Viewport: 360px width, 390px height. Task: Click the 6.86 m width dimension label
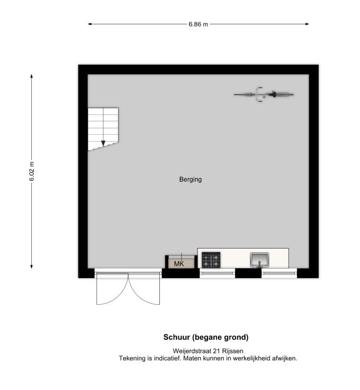(x=198, y=24)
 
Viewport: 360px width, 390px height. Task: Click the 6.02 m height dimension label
(x=32, y=171)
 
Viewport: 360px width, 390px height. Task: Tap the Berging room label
(x=190, y=179)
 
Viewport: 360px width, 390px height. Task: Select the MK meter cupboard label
(x=179, y=264)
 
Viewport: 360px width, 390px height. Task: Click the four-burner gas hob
(x=211, y=260)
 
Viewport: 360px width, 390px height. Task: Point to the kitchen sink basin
(x=259, y=260)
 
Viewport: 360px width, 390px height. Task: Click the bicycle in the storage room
(x=264, y=94)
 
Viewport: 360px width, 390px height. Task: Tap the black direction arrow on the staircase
(x=103, y=144)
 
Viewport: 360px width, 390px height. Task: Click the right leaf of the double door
(x=144, y=289)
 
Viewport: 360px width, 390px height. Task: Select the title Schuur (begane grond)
(x=206, y=337)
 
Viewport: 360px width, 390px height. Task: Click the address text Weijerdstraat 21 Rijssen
(x=208, y=351)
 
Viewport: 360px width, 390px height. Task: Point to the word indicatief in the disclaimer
(x=168, y=358)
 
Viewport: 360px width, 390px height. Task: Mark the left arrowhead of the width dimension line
(x=89, y=24)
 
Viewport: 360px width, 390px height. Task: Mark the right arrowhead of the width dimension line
(x=308, y=24)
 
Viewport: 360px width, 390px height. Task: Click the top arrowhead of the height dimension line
(x=32, y=76)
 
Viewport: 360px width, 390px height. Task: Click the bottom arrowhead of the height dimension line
(x=32, y=267)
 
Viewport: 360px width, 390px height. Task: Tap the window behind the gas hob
(x=218, y=273)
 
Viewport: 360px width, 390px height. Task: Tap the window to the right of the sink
(x=279, y=273)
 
